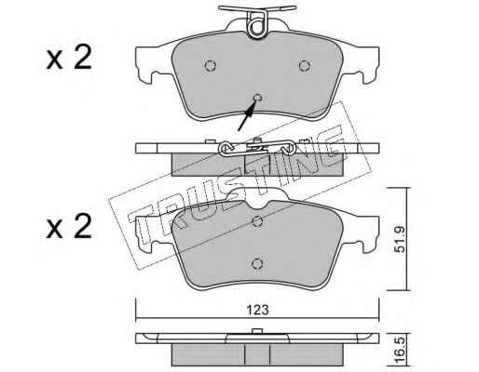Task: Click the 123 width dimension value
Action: coord(258,310)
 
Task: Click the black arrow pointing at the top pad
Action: coord(247,116)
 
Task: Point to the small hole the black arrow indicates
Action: coord(257,98)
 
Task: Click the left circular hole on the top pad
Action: coord(211,65)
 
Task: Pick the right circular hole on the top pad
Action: coord(305,65)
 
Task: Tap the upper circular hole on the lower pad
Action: coord(257,221)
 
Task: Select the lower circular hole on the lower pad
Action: coord(257,263)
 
